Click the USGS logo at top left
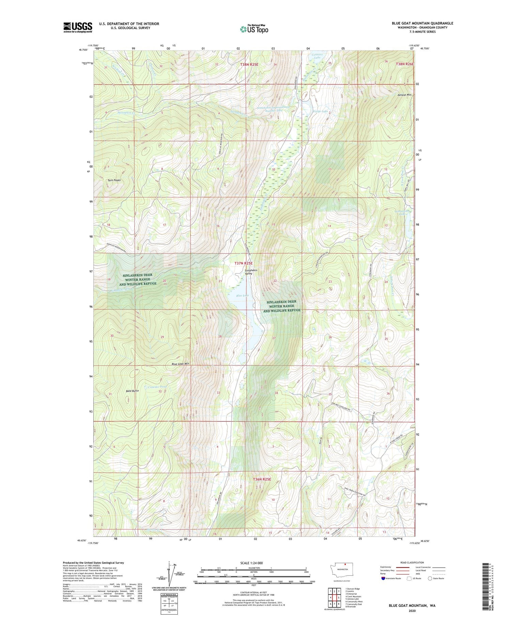pos(78,27)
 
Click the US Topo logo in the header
pos(254,29)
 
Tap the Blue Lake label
pos(242,296)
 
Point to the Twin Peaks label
pos(114,180)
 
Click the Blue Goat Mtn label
pos(181,364)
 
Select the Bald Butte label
pos(132,391)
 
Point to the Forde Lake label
pos(320,111)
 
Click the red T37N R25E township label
pos(244,263)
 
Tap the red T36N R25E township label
pos(262,479)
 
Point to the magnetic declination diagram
pos(169,576)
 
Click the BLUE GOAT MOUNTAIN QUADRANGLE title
pos(422,23)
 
